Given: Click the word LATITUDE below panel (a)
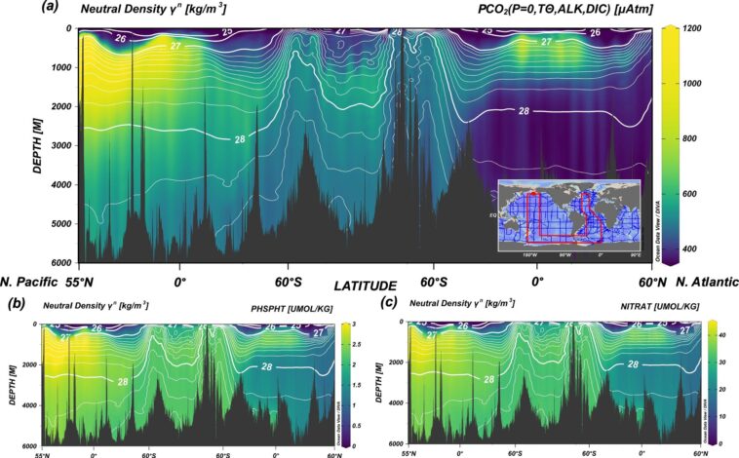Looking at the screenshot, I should (366, 286).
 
